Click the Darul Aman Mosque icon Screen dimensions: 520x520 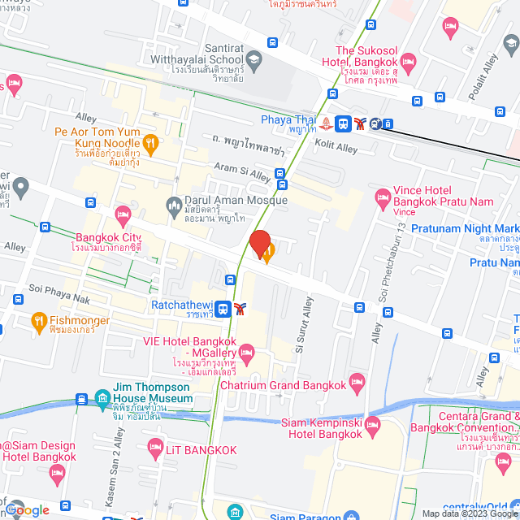[173, 204]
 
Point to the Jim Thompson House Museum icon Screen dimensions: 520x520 [102, 397]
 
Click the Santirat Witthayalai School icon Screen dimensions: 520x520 [254, 58]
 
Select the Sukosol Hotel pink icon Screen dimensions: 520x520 [409, 62]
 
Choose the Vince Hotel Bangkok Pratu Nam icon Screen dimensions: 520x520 [382, 196]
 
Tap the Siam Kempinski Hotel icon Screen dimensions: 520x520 [373, 425]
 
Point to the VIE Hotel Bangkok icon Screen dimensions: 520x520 [247, 351]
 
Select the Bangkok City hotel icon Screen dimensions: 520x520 [123, 216]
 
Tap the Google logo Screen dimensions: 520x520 [27, 509]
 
